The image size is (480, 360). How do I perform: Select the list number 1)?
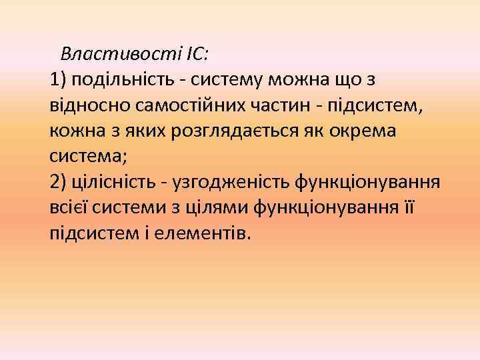59,81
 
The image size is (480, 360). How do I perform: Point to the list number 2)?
59,182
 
